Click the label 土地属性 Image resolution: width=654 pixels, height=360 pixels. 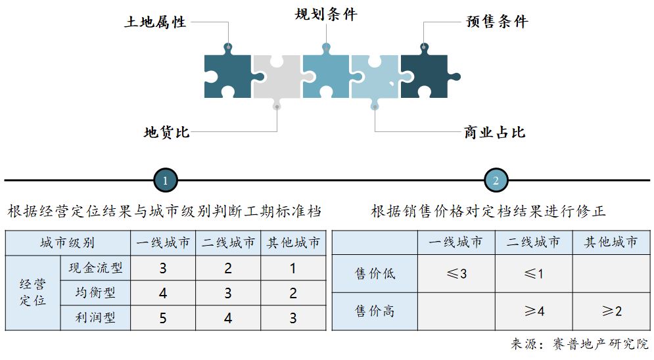coord(156,22)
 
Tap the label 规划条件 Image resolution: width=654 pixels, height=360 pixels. coord(326,14)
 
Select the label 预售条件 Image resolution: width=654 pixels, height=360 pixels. coord(497,22)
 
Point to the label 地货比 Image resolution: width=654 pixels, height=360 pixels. coord(167,132)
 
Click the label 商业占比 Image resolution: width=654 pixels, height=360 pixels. coord(494,133)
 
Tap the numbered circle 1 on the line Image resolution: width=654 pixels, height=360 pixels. coord(166,180)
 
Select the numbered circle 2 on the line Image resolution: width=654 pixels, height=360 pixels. coord(496,180)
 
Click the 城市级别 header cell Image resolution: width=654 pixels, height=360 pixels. coord(67,242)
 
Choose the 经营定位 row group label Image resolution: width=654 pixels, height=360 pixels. coord(32,293)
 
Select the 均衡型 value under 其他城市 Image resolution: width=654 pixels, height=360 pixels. coord(293,293)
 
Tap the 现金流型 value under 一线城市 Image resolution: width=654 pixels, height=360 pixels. coord(162,268)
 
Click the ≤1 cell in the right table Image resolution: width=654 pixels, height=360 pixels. coord(533,273)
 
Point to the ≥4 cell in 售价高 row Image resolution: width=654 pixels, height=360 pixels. coord(533,311)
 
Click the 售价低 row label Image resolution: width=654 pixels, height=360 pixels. coord(375,273)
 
